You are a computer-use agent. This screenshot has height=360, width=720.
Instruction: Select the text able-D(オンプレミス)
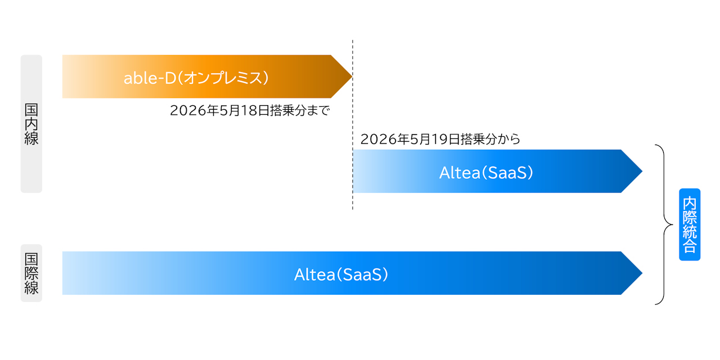tap(196, 77)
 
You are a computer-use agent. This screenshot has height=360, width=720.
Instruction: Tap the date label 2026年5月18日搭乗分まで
tap(250, 110)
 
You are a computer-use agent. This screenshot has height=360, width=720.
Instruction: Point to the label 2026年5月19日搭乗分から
tap(440, 139)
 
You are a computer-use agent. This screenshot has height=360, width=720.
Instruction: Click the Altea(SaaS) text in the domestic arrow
tap(486, 172)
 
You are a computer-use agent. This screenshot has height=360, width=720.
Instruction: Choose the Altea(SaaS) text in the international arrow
tap(341, 274)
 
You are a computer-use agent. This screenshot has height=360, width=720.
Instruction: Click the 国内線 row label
tap(31, 124)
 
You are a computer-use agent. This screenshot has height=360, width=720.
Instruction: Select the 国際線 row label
tap(31, 273)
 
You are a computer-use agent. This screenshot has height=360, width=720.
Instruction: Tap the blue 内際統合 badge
tap(690, 224)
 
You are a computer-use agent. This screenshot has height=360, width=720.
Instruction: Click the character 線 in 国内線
tap(31, 138)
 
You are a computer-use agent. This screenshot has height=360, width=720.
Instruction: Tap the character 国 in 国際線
tap(31, 259)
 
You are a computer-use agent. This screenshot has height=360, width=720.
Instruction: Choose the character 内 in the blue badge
tap(690, 202)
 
